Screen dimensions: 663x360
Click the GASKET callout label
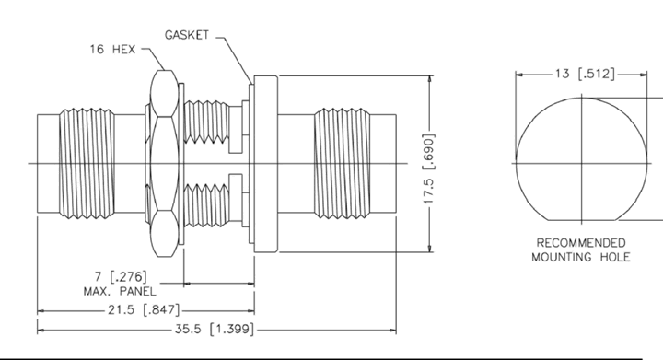(186, 35)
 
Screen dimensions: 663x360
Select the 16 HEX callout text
(112, 50)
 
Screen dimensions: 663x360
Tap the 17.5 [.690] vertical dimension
(429, 168)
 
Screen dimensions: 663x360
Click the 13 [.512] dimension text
(585, 74)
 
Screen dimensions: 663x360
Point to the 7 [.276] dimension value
(121, 277)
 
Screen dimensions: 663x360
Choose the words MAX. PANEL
(120, 291)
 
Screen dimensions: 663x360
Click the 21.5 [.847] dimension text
(144, 309)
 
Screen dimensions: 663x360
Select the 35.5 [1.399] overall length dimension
(215, 329)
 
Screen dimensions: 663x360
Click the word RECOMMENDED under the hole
(580, 243)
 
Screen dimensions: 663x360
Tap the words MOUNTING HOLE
(580, 257)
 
